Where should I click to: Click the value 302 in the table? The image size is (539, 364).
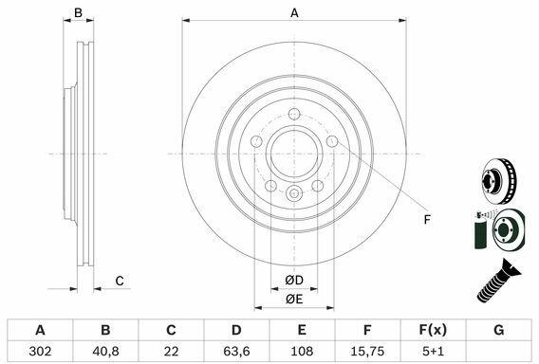click(40, 351)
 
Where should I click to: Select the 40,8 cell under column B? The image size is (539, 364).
click(105, 351)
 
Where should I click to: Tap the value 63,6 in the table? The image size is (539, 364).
click(236, 351)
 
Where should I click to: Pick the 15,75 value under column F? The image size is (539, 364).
click(367, 351)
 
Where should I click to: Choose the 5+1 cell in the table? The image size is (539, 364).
click(433, 351)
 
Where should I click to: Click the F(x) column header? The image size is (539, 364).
click(433, 330)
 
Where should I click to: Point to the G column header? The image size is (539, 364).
click(498, 330)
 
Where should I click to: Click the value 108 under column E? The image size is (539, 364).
click(302, 351)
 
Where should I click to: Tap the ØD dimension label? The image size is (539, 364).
click(294, 281)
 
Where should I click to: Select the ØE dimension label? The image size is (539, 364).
click(294, 300)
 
